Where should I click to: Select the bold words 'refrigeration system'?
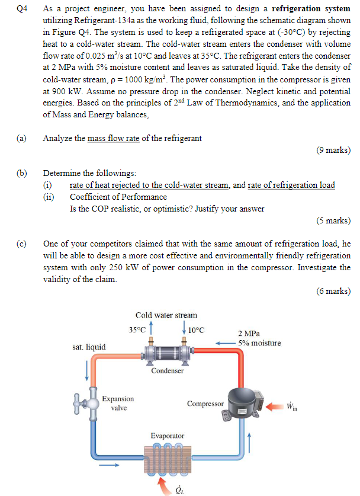coord(311,9)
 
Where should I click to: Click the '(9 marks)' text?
coord(333,150)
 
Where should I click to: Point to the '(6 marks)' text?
coord(333,290)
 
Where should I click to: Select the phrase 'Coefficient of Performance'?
coord(118,197)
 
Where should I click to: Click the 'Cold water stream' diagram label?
coord(166,315)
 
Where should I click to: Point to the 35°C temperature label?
coord(137,329)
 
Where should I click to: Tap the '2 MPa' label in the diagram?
coord(249,334)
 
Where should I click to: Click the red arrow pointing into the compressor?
coord(274,407)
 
